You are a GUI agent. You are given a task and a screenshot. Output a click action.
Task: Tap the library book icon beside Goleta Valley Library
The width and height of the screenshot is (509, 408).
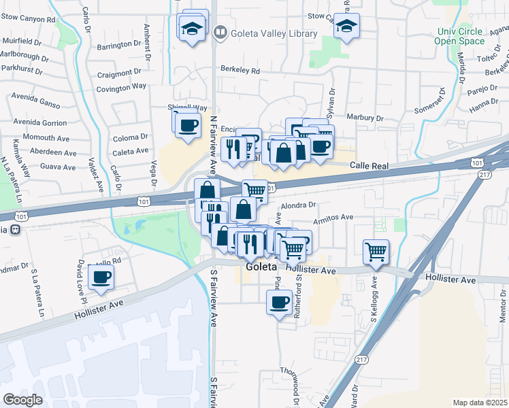pyautogui.click(x=220, y=32)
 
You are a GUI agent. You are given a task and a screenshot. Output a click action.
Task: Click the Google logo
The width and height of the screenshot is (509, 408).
pyautogui.click(x=23, y=400)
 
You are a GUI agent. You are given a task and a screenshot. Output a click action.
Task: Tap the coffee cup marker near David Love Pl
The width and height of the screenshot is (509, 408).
pyautogui.click(x=101, y=277)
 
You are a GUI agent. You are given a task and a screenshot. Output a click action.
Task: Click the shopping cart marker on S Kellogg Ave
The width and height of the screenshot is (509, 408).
pyautogui.click(x=376, y=252)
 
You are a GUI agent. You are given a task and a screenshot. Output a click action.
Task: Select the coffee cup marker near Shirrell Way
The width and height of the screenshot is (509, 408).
pyautogui.click(x=187, y=124)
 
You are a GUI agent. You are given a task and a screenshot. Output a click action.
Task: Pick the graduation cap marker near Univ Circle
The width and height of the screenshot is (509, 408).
pyautogui.click(x=346, y=27)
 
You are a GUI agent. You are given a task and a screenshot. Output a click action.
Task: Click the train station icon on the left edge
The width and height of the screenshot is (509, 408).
pyautogui.click(x=13, y=229)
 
